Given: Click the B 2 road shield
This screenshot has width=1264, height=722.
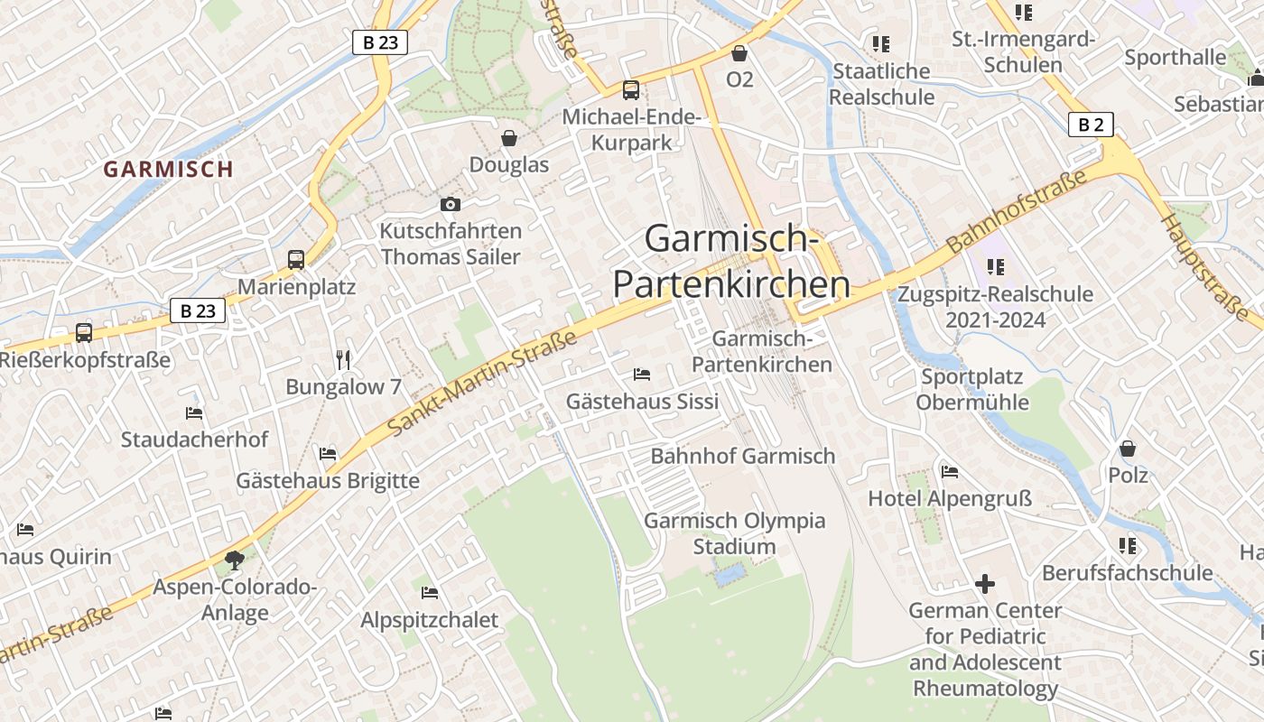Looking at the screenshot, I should [x=1091, y=125].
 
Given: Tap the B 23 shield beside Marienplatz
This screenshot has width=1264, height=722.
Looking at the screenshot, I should [x=198, y=310].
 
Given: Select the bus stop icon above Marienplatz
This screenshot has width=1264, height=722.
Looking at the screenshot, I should [x=296, y=260].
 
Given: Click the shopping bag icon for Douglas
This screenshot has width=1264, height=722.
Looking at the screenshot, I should [x=509, y=138].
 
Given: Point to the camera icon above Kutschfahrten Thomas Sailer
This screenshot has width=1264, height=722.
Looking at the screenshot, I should [x=450, y=205].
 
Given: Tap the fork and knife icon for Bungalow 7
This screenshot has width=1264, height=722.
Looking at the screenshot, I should [x=343, y=360].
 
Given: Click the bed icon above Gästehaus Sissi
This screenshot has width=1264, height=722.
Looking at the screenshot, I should [x=642, y=374].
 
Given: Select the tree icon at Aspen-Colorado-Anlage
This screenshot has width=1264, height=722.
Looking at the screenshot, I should [x=235, y=560].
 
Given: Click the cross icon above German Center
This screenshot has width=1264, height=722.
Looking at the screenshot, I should [x=985, y=584].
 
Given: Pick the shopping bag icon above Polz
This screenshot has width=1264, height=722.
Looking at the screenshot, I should [x=1128, y=449].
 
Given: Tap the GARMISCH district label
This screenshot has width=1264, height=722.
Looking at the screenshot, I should [x=168, y=169].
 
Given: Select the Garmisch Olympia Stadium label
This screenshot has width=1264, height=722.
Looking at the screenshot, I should [x=734, y=533].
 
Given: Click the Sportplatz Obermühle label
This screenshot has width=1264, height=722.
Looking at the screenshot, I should [x=972, y=389].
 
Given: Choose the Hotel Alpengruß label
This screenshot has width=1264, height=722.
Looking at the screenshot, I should [x=950, y=498].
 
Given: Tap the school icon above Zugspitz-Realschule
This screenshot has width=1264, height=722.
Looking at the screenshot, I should [x=996, y=267].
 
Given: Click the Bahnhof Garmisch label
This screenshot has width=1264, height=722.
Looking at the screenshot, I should [x=743, y=456].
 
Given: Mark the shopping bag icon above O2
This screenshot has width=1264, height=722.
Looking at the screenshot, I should [x=739, y=53].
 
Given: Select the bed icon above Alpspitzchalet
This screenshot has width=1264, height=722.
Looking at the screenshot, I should [x=430, y=593].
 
